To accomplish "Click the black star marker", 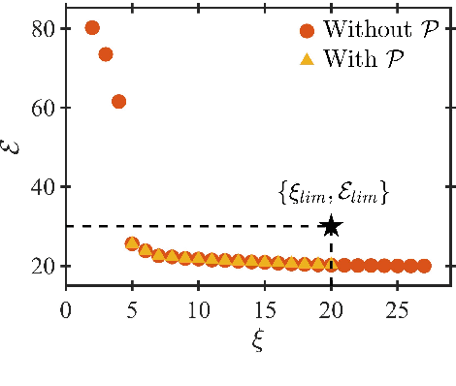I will (x=332, y=226).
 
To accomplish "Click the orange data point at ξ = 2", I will (x=92, y=27).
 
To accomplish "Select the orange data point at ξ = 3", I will (x=106, y=54).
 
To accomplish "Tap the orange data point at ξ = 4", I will (x=118, y=101).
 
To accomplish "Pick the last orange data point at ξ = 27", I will (x=424, y=266).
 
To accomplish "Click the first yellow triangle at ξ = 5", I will (x=132, y=243).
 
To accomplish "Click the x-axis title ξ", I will (x=258, y=341).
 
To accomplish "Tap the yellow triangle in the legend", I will (x=307, y=58).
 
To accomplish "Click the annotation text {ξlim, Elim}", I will (x=333, y=195).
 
